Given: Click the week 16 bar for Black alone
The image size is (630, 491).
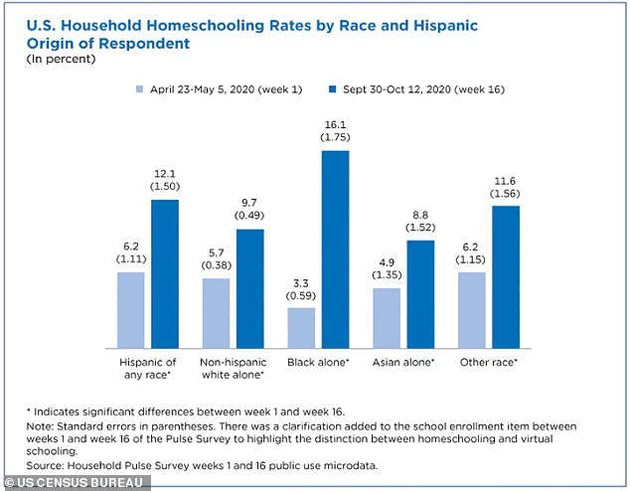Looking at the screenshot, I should point(335,248).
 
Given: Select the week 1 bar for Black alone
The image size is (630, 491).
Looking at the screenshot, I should point(301,327).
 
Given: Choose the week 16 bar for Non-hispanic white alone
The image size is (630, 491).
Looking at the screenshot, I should point(250,288).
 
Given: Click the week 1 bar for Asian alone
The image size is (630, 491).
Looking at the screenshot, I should point(386,317).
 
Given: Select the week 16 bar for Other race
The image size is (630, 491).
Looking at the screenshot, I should point(506,276).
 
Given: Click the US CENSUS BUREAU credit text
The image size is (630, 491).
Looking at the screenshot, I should point(76,482).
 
